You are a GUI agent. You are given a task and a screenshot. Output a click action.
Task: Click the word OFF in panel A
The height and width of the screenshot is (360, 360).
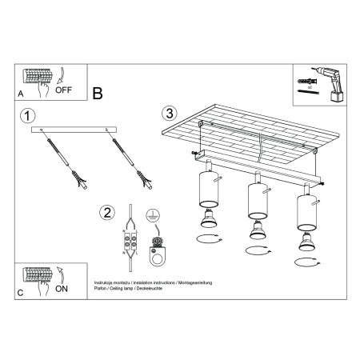coord(63,90)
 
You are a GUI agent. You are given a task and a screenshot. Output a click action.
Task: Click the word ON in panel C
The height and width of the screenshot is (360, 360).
coord(61,291)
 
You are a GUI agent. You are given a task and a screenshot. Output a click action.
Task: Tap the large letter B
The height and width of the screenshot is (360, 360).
coord(98,94)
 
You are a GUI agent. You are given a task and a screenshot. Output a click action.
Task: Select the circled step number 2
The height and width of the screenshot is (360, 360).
coord(106,213)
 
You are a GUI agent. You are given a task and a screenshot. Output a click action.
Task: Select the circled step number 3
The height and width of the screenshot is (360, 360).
coord(167,112)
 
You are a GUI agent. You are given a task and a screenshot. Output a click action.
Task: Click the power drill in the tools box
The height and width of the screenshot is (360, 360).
coord(326,82)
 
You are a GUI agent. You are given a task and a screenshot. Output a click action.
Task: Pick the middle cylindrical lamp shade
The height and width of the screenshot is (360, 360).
coord(257,201)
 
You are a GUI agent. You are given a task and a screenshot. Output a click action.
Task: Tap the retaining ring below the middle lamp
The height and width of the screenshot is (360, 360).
coord(258,252)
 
